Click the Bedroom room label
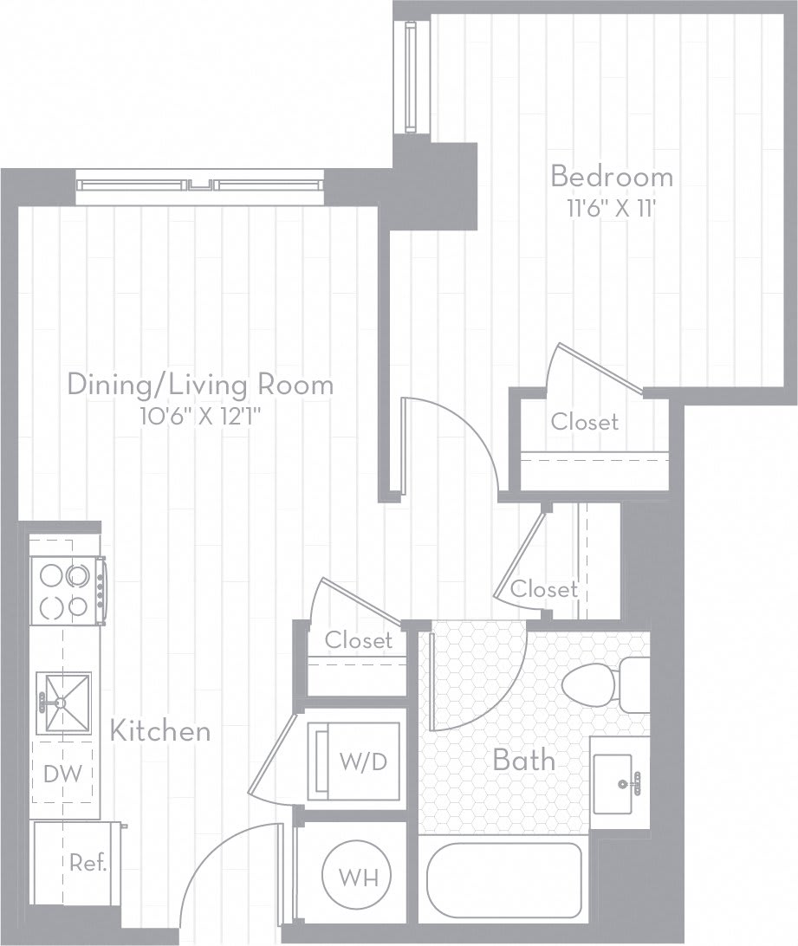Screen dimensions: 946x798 coord(612,177)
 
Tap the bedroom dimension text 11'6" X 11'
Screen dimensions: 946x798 coord(612,208)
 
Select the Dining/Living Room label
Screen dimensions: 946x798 coord(200,384)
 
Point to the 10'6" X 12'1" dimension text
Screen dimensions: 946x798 coord(200,416)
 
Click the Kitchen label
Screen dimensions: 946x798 coord(160,730)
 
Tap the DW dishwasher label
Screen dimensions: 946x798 coord(63,774)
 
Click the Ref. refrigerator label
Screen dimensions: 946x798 coord(88,863)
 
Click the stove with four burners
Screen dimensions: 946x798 coord(67,590)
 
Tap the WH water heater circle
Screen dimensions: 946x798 coord(356,877)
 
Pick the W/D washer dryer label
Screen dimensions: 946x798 coord(358,762)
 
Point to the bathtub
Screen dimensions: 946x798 coord(503,879)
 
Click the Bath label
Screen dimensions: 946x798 coord(523,761)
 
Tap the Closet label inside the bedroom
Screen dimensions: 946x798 coord(585,422)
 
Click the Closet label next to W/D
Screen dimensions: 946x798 coord(358,640)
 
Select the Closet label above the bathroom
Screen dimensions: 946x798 coord(543,589)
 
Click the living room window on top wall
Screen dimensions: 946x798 coord(199,185)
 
